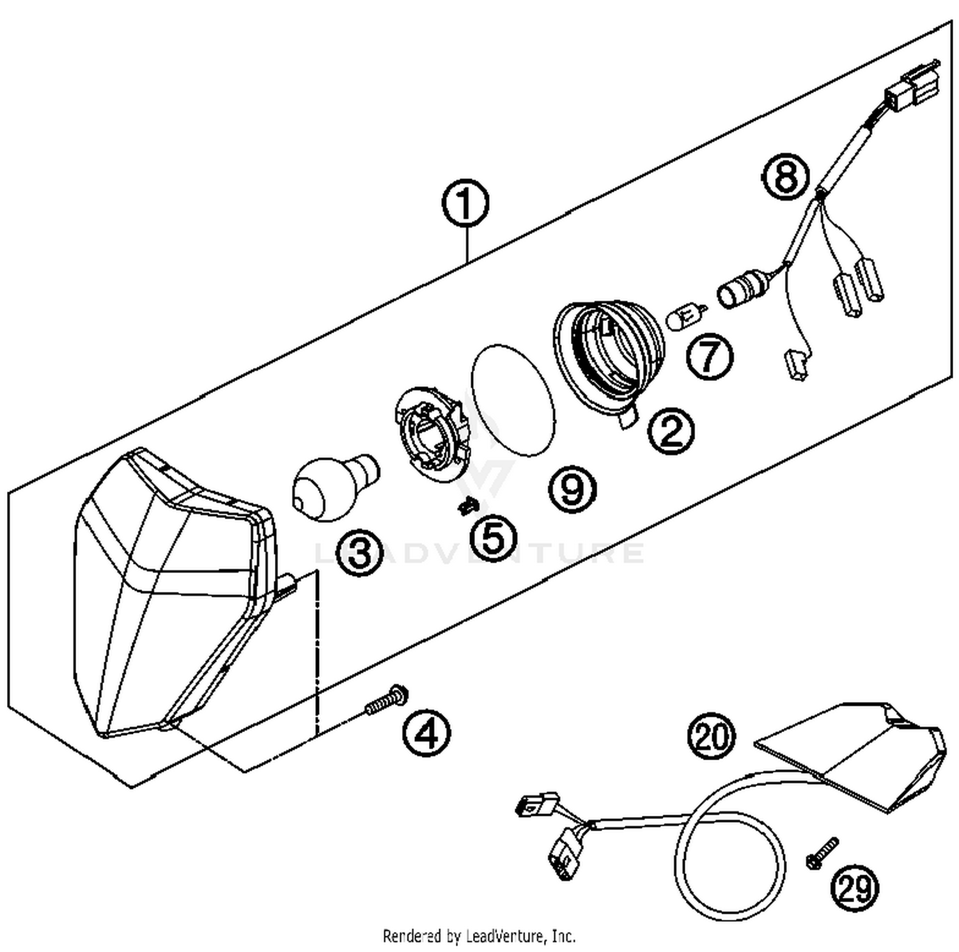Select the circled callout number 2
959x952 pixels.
pyautogui.click(x=671, y=432)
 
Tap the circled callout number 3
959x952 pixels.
pyautogui.click(x=360, y=552)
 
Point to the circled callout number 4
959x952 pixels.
pyautogui.click(x=426, y=733)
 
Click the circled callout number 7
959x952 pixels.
pyautogui.click(x=710, y=356)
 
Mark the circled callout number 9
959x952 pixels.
pyautogui.click(x=572, y=489)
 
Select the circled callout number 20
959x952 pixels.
pyautogui.click(x=711, y=737)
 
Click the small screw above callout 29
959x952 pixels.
pyautogui.click(x=822, y=854)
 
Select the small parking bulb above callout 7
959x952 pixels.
pyautogui.click(x=685, y=316)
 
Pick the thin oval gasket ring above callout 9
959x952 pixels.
pyautogui.click(x=513, y=400)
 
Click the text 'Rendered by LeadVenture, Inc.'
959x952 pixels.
pyautogui.click(x=479, y=937)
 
